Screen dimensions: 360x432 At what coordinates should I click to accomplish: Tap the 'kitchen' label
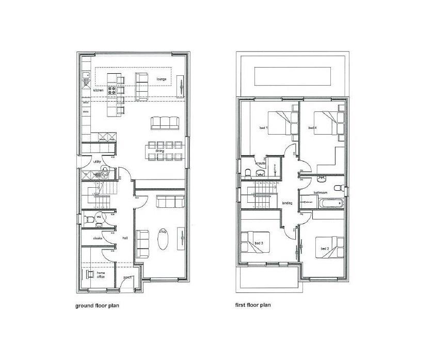coord(99,90)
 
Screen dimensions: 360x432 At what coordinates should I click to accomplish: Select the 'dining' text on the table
coord(159,151)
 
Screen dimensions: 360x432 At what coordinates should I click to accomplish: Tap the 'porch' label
coord(127,279)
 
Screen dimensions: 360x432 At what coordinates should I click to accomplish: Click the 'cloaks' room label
coord(98,238)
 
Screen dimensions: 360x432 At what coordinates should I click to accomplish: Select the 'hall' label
coord(125,238)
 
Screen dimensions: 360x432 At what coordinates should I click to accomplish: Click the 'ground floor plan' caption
coord(98,305)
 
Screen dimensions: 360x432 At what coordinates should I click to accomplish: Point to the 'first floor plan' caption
coord(253,305)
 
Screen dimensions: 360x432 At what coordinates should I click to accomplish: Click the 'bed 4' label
coord(312,127)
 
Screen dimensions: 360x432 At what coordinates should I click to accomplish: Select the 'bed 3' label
coord(259,243)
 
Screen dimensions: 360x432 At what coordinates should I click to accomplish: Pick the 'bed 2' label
coord(325,249)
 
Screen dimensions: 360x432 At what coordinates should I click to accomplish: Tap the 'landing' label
coord(287,203)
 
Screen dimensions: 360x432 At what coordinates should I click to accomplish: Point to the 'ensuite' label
coord(261,163)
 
